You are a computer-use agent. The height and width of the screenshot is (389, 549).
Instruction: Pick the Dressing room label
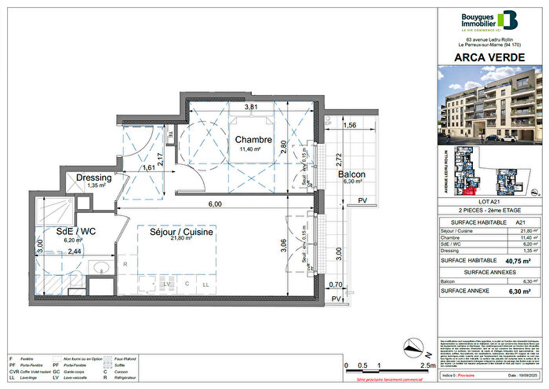(93, 178)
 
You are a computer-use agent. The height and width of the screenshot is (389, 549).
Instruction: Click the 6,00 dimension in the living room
(215, 204)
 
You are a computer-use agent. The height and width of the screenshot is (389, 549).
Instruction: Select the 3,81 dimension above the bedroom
(251, 106)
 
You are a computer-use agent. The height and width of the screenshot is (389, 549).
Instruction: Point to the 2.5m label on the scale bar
(427, 366)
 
